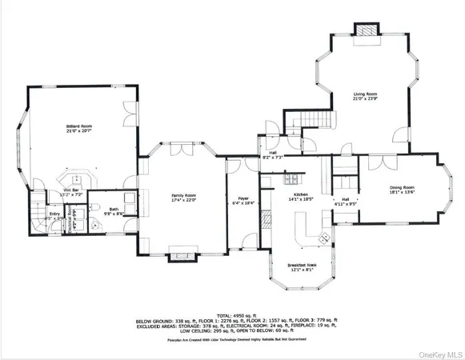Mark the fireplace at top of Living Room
pos(364,30)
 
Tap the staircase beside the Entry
pos(38,203)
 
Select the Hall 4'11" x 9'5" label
pos(345,201)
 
